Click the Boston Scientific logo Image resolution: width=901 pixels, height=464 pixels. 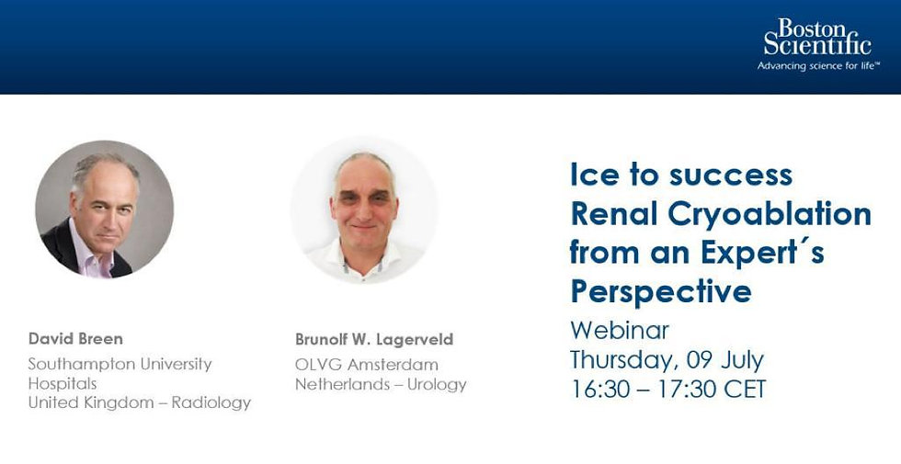coord(817,44)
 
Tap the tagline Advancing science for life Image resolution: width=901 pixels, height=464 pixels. coord(818,66)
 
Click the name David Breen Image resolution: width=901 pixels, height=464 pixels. coord(75,338)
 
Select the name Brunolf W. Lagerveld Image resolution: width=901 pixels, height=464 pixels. coord(374,339)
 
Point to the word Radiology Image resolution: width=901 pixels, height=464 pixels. coord(211,403)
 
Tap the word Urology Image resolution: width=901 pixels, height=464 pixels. coord(437,385)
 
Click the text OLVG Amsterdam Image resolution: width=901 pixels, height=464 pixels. coord(367,365)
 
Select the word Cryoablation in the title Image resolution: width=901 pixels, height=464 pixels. coord(770,215)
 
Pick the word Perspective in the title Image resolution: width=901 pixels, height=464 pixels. coord(661,292)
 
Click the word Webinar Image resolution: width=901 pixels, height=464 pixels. coord(620,330)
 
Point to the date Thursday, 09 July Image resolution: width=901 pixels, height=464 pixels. coord(667,360)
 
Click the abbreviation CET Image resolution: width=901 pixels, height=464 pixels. coord(745,390)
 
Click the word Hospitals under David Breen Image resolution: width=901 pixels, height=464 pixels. coord(63,384)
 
